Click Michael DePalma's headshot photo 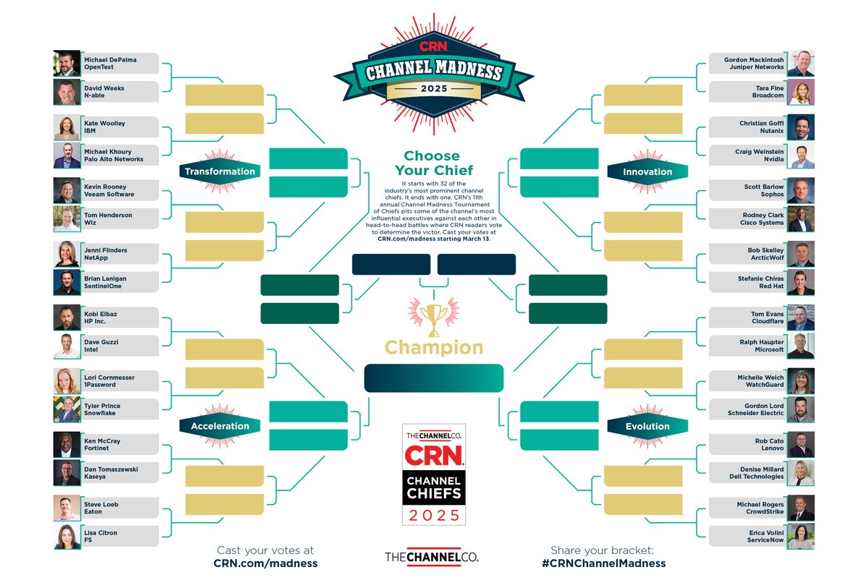(67, 63)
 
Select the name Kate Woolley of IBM (105, 124)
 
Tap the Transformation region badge (219, 171)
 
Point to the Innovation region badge (647, 171)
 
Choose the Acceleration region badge (219, 426)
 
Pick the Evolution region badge (647, 426)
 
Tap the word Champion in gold (433, 348)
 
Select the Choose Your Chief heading (432, 163)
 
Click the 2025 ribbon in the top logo (433, 88)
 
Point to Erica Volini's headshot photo (801, 536)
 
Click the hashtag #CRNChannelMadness (603, 563)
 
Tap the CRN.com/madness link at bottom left (265, 563)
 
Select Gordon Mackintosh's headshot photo (801, 63)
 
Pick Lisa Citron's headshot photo (67, 536)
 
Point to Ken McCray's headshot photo (67, 445)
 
